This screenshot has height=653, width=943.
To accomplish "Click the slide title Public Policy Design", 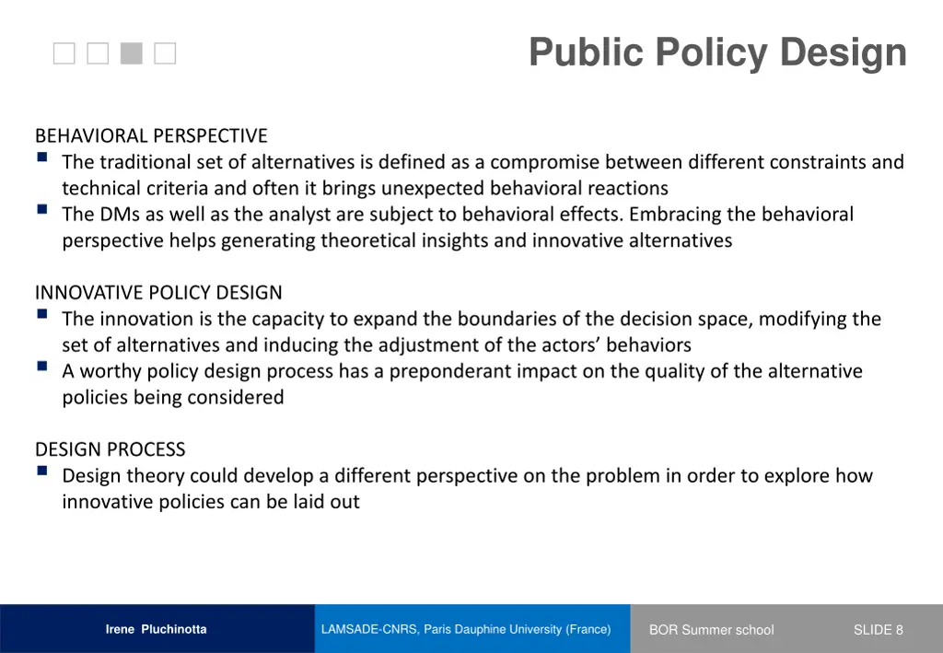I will [717, 52].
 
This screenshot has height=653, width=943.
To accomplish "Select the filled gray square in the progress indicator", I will [132, 54].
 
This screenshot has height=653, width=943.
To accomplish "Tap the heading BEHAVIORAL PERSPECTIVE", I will [151, 136].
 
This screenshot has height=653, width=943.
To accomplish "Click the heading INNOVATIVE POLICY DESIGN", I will [158, 293].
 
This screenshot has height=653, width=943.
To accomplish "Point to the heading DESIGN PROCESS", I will [110, 449].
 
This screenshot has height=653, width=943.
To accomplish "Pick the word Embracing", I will [673, 215].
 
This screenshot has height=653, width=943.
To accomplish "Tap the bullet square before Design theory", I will [43, 471].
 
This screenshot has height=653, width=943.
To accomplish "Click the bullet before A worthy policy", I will [43, 366].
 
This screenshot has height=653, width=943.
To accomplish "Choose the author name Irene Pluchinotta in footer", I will [156, 630].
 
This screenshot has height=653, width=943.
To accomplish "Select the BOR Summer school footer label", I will [711, 630].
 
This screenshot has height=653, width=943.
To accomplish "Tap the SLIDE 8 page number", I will [878, 630].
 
